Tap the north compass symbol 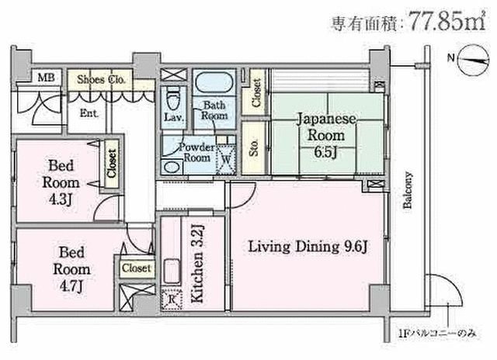click(471, 59)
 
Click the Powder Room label click(196, 152)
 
